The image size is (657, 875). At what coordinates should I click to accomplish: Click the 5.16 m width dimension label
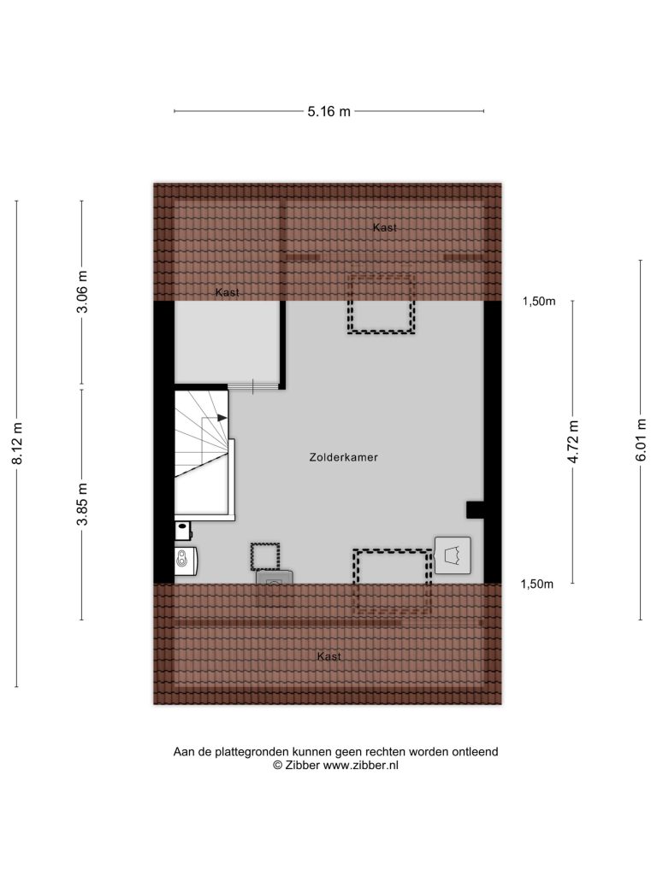point(328,112)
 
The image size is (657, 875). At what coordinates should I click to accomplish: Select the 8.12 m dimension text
point(18,443)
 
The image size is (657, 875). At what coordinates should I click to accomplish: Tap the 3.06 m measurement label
point(83,292)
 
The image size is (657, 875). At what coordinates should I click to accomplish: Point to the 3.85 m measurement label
point(83,504)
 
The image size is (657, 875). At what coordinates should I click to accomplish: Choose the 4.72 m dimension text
point(573,442)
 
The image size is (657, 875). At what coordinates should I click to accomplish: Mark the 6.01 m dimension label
point(642,440)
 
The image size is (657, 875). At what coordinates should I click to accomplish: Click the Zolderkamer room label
point(344,457)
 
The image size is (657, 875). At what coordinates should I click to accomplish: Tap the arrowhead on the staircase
point(222,417)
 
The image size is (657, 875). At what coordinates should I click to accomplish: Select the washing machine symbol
point(186,561)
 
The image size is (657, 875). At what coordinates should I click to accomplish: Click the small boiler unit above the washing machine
point(183,531)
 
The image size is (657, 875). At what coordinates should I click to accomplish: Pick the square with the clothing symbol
point(453,555)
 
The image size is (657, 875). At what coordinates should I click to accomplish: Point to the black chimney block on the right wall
point(476,510)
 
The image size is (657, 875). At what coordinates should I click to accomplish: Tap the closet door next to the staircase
point(253,386)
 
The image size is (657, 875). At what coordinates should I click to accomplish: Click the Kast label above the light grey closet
point(228,292)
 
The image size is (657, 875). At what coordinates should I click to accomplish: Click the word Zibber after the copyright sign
point(302,766)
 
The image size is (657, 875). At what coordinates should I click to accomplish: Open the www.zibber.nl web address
point(361,766)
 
